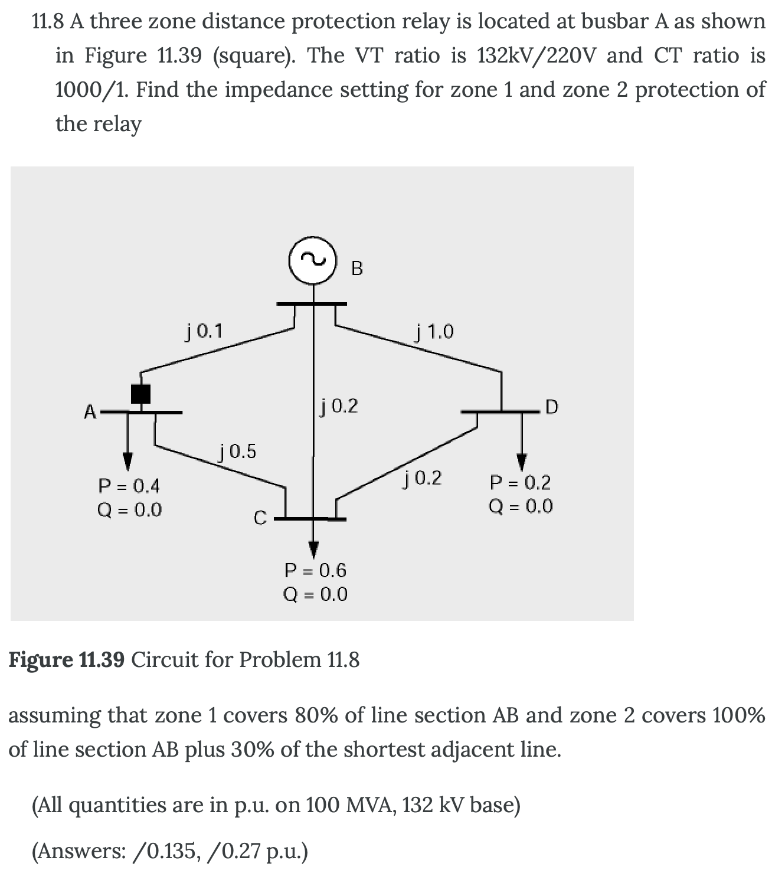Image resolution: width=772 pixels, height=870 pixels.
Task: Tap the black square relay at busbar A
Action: point(140,393)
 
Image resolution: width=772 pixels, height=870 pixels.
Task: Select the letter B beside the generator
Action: point(357,269)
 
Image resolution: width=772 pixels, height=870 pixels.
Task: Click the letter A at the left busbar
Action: point(90,411)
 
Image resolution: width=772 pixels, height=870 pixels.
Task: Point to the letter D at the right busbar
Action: point(552,407)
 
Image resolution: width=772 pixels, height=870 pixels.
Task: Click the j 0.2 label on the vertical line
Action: point(339,406)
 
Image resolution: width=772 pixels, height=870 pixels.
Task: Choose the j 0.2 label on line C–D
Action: point(423,477)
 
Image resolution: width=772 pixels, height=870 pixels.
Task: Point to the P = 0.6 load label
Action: point(316,570)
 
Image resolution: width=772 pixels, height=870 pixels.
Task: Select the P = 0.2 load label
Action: point(521,483)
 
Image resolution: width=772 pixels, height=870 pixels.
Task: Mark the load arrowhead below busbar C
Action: point(314,549)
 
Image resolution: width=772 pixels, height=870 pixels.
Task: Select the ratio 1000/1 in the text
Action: point(93,90)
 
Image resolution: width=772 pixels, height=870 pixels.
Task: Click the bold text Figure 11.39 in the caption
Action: point(66,659)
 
